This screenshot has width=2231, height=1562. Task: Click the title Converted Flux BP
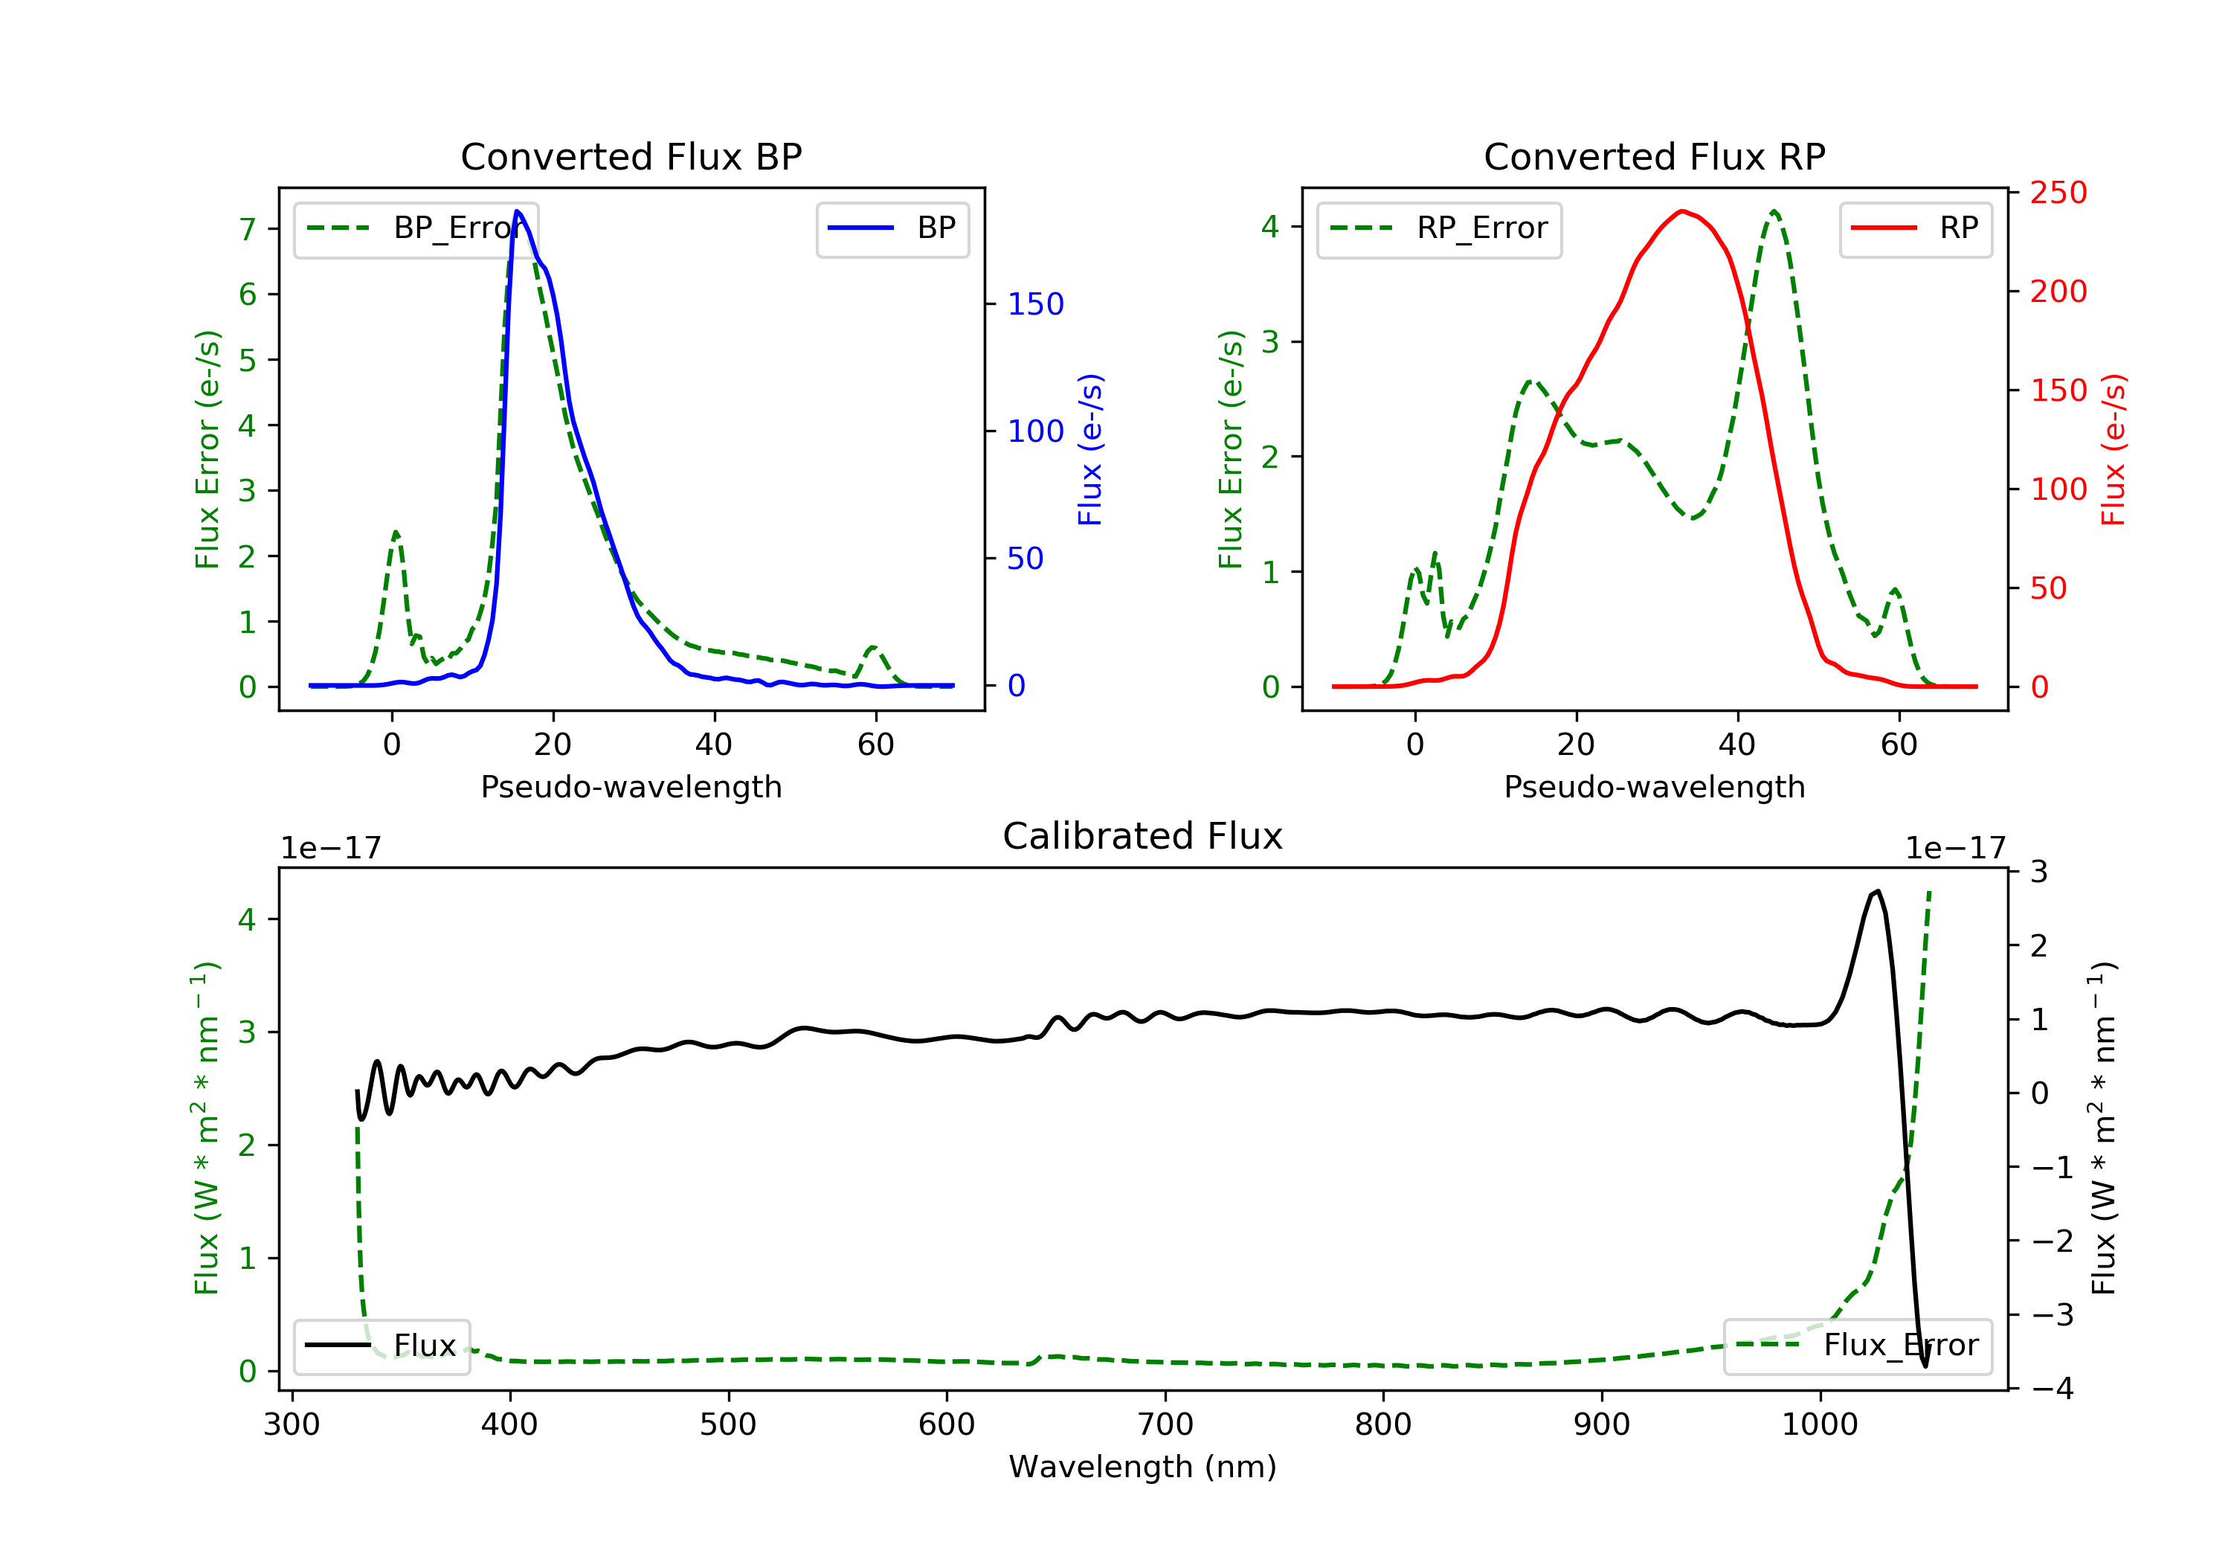631,156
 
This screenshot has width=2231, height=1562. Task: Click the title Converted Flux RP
1655,156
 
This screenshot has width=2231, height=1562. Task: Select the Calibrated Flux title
1143,836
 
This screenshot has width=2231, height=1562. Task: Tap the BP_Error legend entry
416,228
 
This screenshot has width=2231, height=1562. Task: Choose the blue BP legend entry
892,228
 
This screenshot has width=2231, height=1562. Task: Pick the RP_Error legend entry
1439,228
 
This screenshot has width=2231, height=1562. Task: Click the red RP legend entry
1915,228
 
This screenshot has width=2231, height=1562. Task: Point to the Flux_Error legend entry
1858,1346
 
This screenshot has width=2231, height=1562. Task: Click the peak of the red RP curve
1682,211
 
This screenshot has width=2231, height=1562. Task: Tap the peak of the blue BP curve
517,211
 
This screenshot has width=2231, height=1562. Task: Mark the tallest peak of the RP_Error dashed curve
1774,211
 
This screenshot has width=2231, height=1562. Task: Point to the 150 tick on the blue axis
1036,304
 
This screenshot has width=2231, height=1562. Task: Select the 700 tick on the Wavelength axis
1165,1425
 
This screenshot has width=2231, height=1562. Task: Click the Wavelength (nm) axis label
1143,1467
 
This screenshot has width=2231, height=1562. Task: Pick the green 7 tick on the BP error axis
248,229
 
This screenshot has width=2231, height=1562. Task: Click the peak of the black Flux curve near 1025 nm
1877,891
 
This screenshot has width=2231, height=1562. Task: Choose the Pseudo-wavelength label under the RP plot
1655,786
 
